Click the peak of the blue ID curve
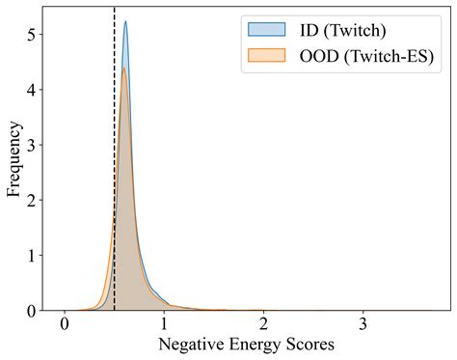[125, 22]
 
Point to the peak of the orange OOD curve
[123, 68]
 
